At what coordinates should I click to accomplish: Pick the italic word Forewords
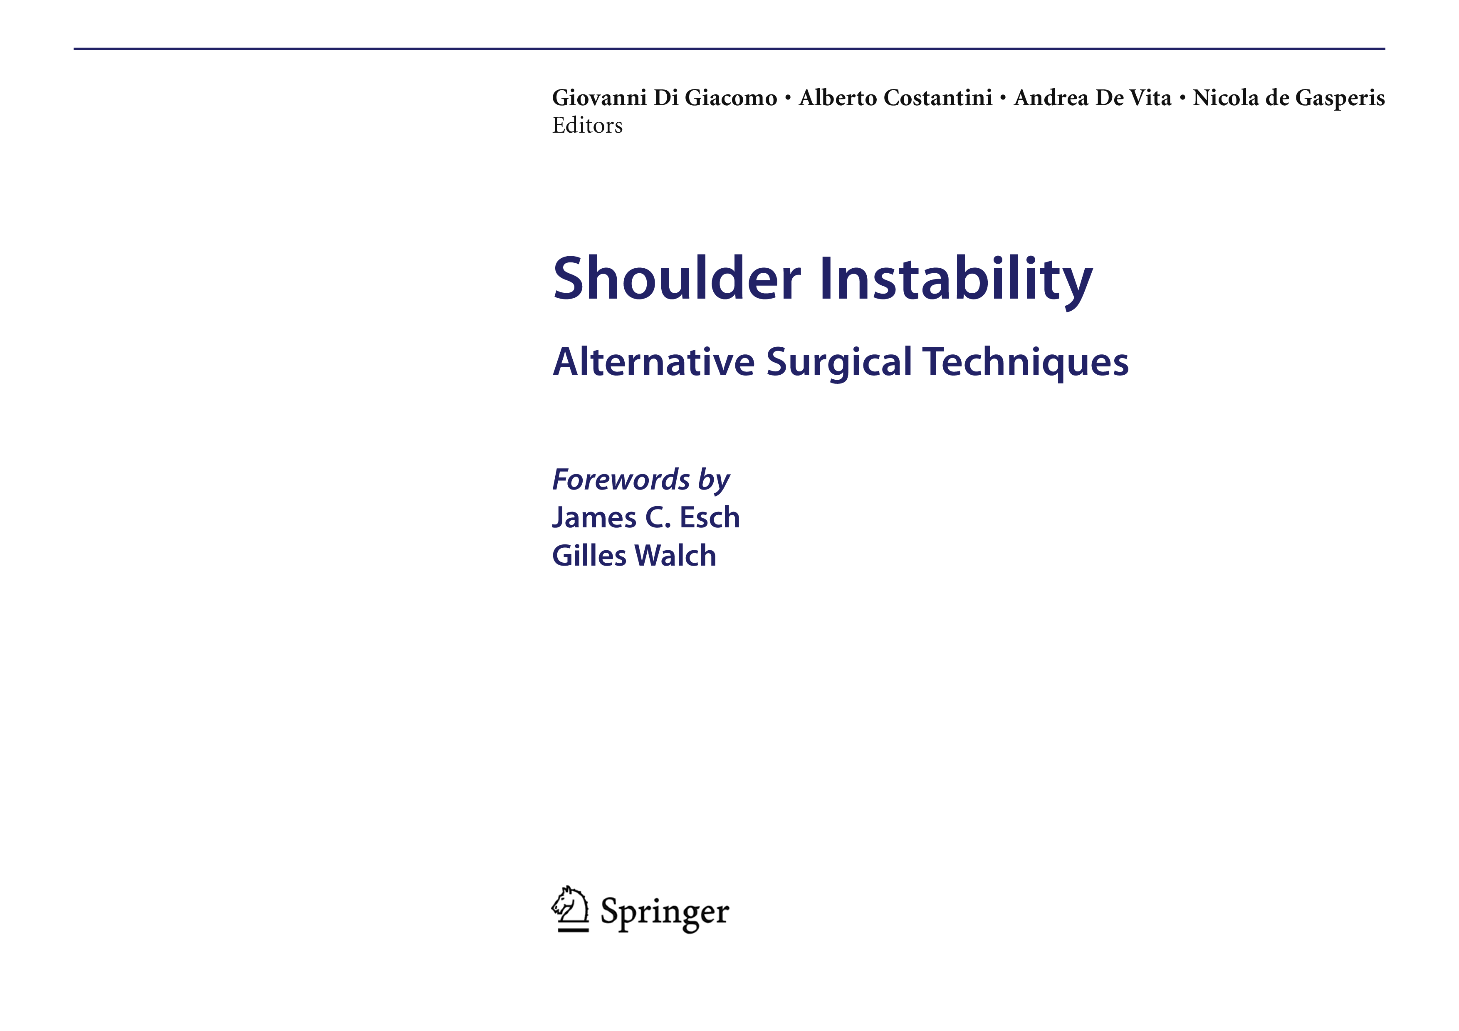coord(621,479)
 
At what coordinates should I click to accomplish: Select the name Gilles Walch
coord(634,555)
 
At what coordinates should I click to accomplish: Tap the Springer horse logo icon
coord(571,909)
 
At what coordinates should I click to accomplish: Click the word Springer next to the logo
coord(665,913)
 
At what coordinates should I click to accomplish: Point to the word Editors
coord(587,126)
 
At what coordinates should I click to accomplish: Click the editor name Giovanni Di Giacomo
coord(665,98)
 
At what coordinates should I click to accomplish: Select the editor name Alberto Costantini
coord(895,98)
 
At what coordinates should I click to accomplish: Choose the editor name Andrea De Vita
coord(1092,98)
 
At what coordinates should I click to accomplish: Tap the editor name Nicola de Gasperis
coord(1289,98)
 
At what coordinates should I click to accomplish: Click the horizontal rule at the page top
coord(729,48)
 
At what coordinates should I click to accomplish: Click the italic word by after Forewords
coord(714,481)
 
